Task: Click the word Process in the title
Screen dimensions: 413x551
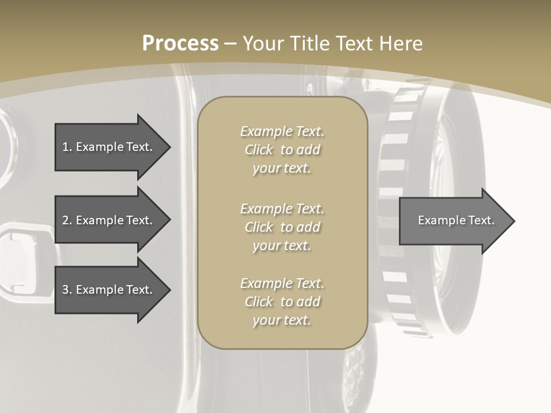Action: (180, 44)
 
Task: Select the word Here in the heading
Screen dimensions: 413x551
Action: (399, 44)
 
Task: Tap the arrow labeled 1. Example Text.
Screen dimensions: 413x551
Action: (109, 147)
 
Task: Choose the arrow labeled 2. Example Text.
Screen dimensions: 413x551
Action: (109, 220)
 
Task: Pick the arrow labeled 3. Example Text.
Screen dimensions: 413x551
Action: (109, 290)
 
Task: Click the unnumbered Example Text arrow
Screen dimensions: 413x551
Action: (453, 220)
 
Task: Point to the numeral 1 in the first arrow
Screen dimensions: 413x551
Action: (65, 147)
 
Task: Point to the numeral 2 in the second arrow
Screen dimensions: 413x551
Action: (65, 220)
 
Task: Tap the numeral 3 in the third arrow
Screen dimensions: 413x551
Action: (65, 290)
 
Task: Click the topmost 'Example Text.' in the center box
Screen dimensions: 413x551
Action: (282, 131)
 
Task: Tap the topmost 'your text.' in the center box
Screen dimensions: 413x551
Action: (282, 169)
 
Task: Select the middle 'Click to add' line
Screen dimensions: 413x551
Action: (282, 227)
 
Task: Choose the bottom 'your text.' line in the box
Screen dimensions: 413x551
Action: (282, 321)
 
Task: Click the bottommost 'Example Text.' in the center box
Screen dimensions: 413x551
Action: (282, 283)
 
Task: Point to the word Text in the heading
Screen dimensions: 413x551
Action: (354, 44)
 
